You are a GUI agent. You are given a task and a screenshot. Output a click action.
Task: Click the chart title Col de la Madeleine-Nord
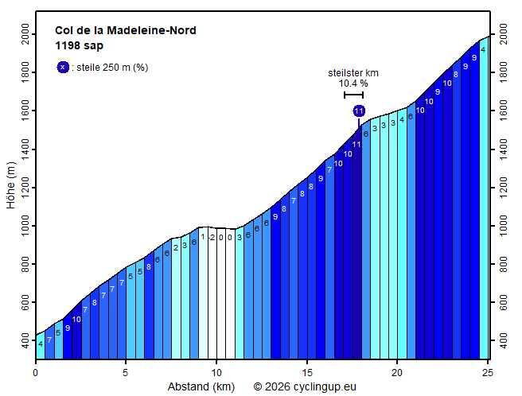coord(125,31)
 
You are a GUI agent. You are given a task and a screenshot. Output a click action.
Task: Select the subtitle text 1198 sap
coord(79,45)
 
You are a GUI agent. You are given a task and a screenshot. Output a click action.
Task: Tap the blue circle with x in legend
coord(63,68)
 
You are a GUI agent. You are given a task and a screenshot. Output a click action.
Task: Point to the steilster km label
coord(353,73)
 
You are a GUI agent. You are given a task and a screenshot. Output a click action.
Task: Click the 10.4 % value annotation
coord(353,83)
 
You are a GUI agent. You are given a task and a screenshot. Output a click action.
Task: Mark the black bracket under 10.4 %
coord(353,95)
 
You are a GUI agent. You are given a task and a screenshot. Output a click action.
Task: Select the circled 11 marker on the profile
coord(359,111)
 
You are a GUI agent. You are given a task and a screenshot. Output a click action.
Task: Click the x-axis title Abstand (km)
coord(201,387)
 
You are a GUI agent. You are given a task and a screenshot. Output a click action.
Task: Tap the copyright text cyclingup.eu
coord(305,387)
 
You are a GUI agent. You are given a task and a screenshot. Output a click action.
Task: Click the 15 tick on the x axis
coord(306,371)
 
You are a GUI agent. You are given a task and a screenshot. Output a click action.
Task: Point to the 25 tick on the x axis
coord(488,371)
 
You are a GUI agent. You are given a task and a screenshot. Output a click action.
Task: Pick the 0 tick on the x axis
coord(36,371)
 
